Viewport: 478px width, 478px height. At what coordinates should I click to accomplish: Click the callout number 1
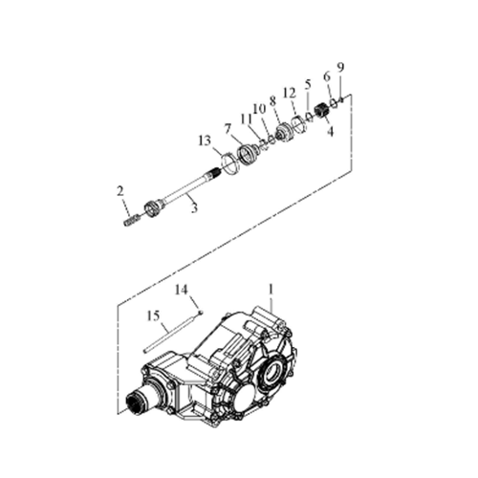coord(271,290)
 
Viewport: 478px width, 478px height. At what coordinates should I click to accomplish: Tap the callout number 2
coord(119,191)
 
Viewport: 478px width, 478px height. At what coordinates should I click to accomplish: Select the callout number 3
coord(194,208)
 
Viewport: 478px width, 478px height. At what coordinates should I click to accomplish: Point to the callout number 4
coord(331,132)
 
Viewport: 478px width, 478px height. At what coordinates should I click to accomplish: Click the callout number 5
coord(308,85)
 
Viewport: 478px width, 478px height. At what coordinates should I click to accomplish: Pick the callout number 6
coord(327,76)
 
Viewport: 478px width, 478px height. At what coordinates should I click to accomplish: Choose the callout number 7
coord(228,129)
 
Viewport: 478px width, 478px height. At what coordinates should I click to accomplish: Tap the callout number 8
coord(272,101)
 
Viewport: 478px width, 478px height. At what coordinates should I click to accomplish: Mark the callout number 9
coord(340,67)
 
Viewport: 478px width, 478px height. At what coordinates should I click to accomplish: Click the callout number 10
coord(259,109)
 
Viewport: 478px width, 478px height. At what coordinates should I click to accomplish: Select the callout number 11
coord(247,119)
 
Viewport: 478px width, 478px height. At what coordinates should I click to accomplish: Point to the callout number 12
coord(290,94)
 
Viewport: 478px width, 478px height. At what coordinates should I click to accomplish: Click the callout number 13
coord(205,141)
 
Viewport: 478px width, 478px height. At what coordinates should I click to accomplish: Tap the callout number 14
coord(182,291)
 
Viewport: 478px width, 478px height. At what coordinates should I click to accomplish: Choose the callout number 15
coord(153,316)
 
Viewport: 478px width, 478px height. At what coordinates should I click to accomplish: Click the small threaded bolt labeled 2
coord(131,221)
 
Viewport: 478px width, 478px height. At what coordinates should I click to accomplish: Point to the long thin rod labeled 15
coord(168,334)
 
